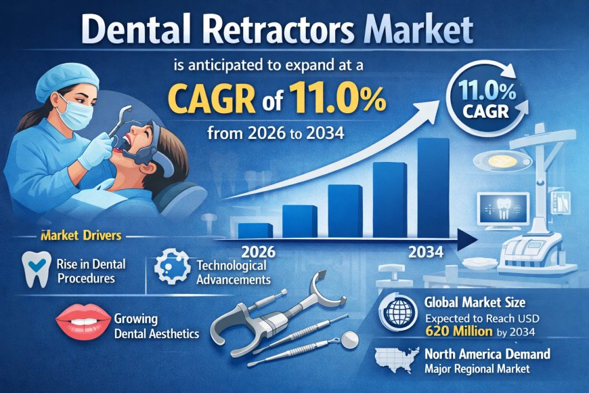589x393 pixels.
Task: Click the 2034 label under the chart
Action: (427, 253)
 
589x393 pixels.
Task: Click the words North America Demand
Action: (487, 353)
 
